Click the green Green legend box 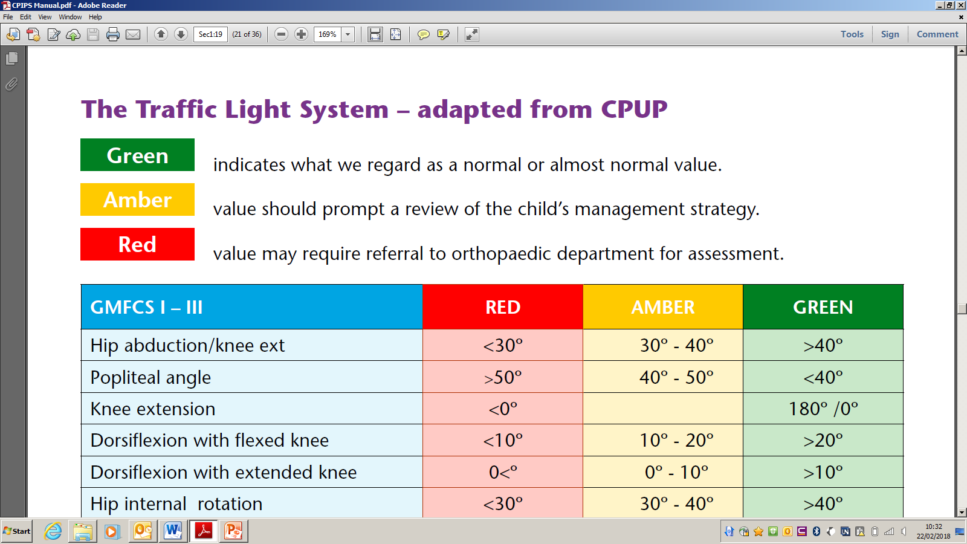coord(137,155)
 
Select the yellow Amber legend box coord(137,199)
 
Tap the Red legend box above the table coord(137,244)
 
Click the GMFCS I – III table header coord(251,307)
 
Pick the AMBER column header coord(662,307)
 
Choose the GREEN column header coord(823,307)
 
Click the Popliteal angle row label coord(150,377)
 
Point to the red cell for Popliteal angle coord(502,377)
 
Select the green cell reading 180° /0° coord(823,409)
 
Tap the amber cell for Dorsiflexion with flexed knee coord(662,441)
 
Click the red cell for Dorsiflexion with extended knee coord(502,472)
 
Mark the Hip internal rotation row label coord(176,504)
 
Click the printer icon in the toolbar coord(112,34)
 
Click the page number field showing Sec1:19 coord(211,34)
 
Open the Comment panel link coord(937,34)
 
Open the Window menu coord(70,17)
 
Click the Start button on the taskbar coord(17,531)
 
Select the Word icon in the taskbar coord(173,531)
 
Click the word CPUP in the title coord(634,109)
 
